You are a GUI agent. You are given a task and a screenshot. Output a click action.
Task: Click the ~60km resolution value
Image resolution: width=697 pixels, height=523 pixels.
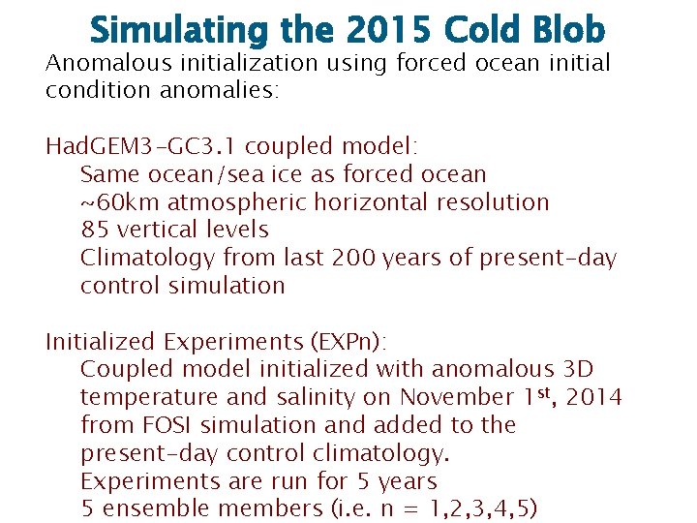(120, 202)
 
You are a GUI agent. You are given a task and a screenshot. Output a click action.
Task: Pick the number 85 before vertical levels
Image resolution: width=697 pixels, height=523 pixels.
(95, 231)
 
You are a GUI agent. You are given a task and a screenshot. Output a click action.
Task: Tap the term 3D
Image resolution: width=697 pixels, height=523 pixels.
(577, 369)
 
